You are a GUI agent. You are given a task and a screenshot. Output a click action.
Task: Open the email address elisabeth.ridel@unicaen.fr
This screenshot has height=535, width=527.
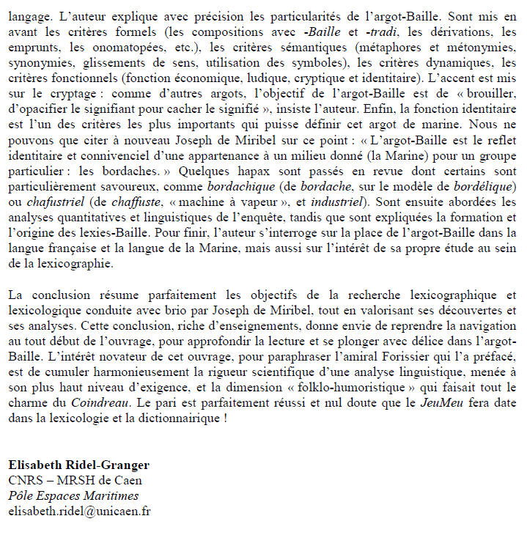click(x=79, y=511)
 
